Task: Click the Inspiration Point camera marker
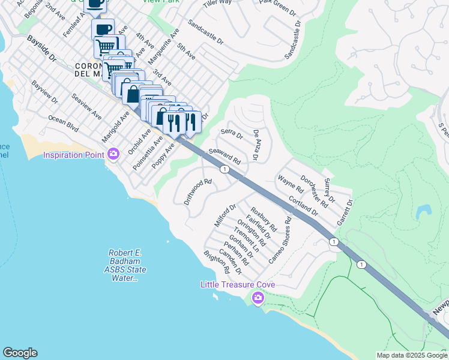pyautogui.click(x=113, y=155)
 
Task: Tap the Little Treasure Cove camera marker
pyautogui.click(x=258, y=296)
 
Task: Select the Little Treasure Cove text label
pyautogui.click(x=238, y=284)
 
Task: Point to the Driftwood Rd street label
pyautogui.click(x=199, y=191)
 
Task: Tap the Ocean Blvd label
pyautogui.click(x=64, y=124)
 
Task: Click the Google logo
pyautogui.click(x=20, y=353)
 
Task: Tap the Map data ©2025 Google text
pyautogui.click(x=411, y=355)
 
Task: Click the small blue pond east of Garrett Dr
pyautogui.click(x=423, y=211)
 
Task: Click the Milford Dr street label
pyautogui.click(x=221, y=216)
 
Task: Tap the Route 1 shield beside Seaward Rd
pyautogui.click(x=224, y=170)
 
